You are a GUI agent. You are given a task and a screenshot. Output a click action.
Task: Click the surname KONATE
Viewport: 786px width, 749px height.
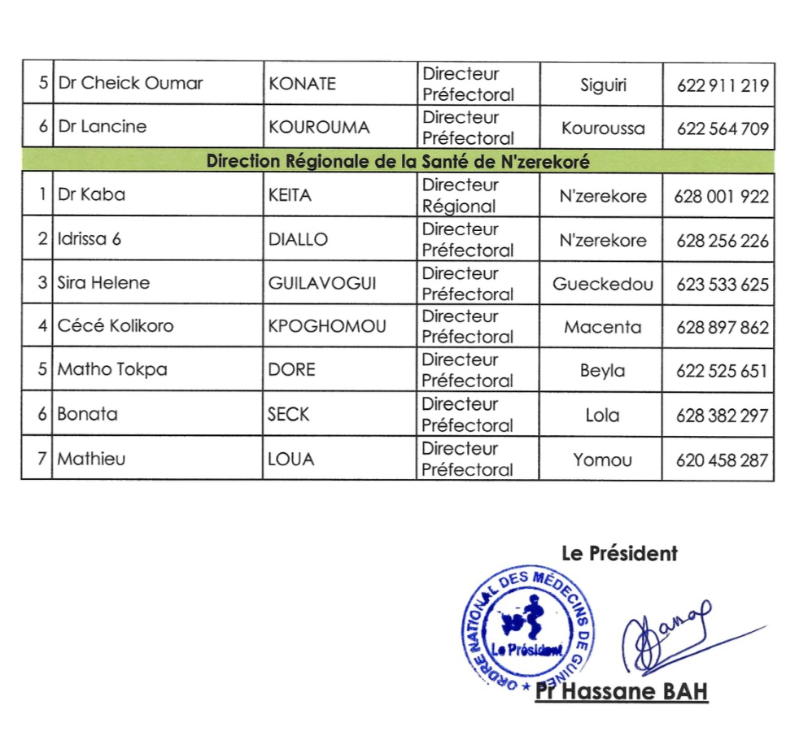click(x=302, y=84)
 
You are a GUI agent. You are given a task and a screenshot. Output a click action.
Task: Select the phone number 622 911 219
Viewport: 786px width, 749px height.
click(x=722, y=84)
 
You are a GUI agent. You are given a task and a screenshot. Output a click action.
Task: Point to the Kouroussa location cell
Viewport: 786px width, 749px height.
click(x=603, y=128)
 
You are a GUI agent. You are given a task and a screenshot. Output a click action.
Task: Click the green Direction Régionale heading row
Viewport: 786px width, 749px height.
click(x=397, y=161)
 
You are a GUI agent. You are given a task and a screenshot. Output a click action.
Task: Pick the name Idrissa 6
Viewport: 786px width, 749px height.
click(x=90, y=239)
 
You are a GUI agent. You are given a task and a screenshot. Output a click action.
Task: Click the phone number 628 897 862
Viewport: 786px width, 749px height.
click(x=722, y=328)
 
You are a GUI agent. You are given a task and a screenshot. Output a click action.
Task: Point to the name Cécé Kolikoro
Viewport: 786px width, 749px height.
click(x=115, y=326)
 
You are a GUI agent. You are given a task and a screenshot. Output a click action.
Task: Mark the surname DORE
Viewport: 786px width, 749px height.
click(x=291, y=370)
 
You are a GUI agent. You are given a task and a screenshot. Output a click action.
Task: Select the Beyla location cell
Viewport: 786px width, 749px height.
click(x=602, y=371)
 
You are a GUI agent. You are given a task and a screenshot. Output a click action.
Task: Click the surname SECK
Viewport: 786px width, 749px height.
click(x=289, y=414)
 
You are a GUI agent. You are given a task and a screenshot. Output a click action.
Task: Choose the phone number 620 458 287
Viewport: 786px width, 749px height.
click(x=722, y=459)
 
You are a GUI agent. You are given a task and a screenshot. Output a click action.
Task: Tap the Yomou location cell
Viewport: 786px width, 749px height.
click(x=602, y=459)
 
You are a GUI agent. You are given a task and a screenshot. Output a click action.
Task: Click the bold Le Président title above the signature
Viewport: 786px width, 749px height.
click(x=619, y=553)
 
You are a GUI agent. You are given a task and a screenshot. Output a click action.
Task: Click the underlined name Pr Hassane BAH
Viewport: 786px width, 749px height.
click(x=622, y=692)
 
